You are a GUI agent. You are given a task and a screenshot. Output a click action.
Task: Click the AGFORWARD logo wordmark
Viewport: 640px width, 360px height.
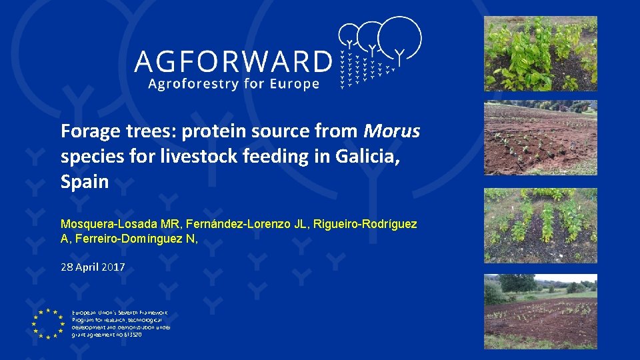233,62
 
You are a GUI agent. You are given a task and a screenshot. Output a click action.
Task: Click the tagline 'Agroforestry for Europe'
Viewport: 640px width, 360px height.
233,84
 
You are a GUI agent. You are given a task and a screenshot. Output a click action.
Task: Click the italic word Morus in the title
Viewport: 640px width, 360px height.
393,131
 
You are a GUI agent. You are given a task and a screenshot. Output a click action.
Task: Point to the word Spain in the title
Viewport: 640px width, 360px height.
85,181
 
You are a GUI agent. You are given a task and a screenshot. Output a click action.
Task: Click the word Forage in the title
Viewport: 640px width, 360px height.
87,131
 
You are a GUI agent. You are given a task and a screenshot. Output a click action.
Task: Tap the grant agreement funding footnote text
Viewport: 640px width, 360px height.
121,323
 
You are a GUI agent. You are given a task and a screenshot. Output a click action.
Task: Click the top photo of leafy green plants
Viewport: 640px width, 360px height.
540,53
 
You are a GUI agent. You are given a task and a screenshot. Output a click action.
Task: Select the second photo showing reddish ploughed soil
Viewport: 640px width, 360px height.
540,137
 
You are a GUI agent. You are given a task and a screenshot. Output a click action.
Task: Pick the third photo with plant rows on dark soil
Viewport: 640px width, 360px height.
540,225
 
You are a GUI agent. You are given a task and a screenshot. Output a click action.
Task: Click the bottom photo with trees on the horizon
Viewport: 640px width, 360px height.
540,311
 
